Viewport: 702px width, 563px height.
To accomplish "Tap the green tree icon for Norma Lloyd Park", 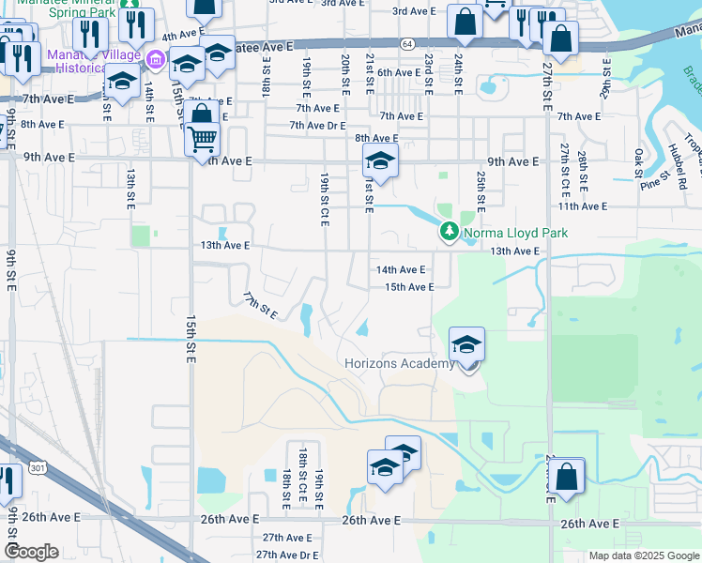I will coord(450,231).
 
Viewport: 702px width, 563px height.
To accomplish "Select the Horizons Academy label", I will coord(399,363).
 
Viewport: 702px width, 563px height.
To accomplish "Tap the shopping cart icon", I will coord(203,141).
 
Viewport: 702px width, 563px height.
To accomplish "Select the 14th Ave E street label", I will coord(401,269).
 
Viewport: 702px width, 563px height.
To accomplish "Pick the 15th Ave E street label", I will coord(409,287).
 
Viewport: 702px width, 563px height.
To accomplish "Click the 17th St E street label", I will coord(259,305).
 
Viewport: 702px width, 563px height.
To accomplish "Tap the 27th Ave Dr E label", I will coord(290,555).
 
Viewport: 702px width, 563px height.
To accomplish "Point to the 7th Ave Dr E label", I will coord(317,126).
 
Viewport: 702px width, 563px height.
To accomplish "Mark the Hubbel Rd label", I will coord(678,161).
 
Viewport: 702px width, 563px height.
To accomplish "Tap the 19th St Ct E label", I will coord(325,198).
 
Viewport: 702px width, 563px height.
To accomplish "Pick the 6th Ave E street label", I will coord(399,72).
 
